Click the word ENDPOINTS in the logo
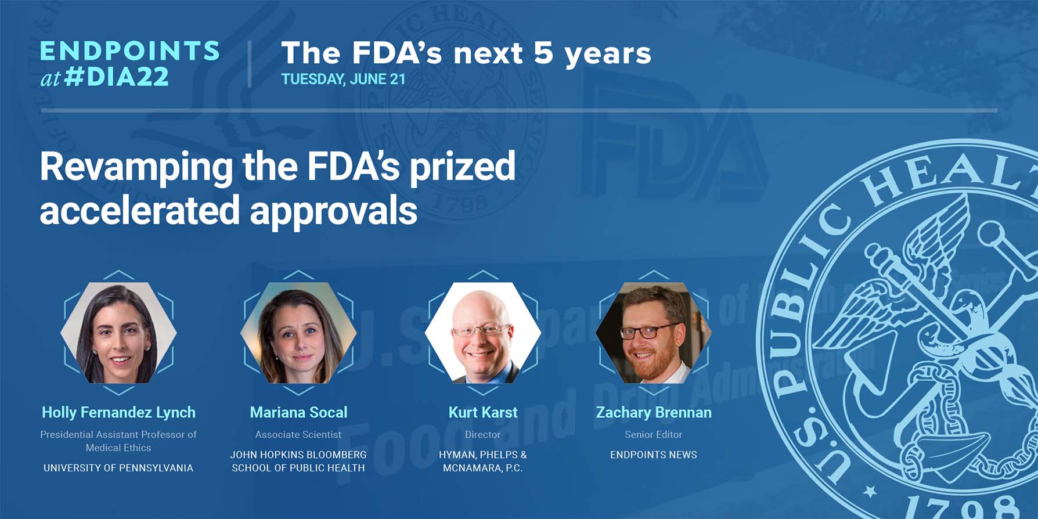pyautogui.click(x=129, y=51)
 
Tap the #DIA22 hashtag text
pyautogui.click(x=117, y=77)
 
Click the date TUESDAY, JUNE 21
pyautogui.click(x=343, y=80)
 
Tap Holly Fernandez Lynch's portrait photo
pyautogui.click(x=118, y=333)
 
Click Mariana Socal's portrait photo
pyautogui.click(x=298, y=333)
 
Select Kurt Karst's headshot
pyautogui.click(x=482, y=333)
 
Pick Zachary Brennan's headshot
pyautogui.click(x=654, y=333)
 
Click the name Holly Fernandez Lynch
pyautogui.click(x=118, y=413)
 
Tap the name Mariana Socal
pyautogui.click(x=298, y=413)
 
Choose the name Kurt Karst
pyautogui.click(x=482, y=413)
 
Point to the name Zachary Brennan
pyautogui.click(x=654, y=413)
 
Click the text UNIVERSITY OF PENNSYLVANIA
pyautogui.click(x=118, y=468)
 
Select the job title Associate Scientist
pyautogui.click(x=298, y=434)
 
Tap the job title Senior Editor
pyautogui.click(x=654, y=434)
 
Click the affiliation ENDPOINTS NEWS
pyautogui.click(x=654, y=455)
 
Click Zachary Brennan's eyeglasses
pyautogui.click(x=648, y=331)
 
